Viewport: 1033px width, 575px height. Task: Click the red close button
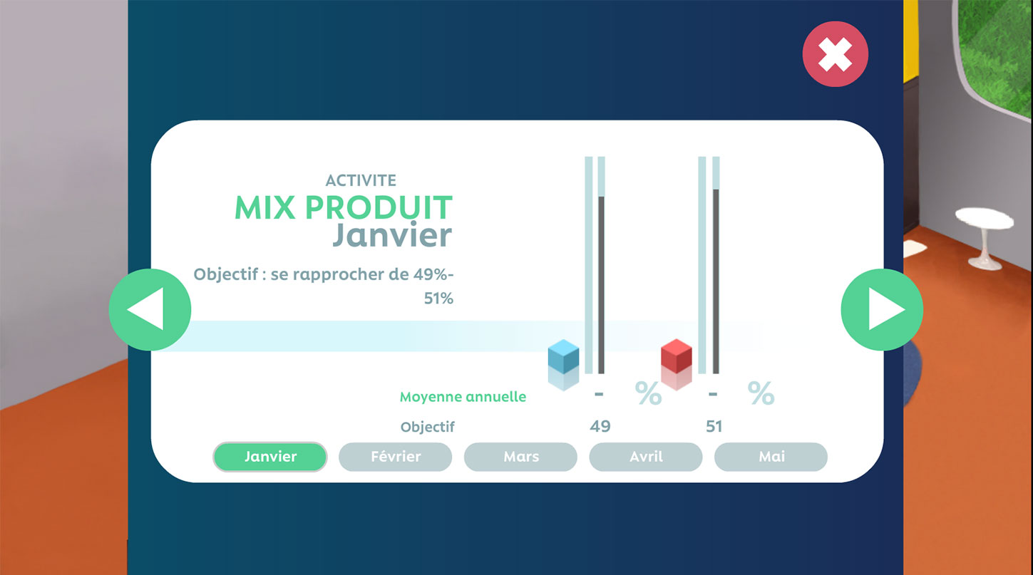(x=835, y=54)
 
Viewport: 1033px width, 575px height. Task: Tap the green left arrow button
(x=150, y=310)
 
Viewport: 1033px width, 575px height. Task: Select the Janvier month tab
(x=270, y=457)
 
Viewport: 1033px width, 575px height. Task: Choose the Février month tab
(x=395, y=457)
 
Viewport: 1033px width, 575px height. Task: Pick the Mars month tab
(x=520, y=457)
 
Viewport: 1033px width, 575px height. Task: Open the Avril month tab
(x=646, y=457)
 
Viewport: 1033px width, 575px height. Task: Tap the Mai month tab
(x=771, y=457)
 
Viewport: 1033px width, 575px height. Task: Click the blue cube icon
(x=563, y=356)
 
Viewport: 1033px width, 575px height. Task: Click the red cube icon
(x=676, y=356)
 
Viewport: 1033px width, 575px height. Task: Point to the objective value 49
(x=600, y=426)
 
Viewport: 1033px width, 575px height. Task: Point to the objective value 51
(x=714, y=426)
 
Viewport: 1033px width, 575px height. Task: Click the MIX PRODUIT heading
(x=344, y=207)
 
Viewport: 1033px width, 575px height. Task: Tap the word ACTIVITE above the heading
(x=361, y=180)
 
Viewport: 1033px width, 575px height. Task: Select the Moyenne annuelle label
(x=463, y=397)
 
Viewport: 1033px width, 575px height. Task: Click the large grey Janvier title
(x=392, y=234)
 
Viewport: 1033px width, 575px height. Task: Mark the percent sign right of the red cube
(x=761, y=393)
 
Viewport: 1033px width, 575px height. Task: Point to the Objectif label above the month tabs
(x=427, y=427)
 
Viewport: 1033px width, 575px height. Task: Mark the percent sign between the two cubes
(x=649, y=393)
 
